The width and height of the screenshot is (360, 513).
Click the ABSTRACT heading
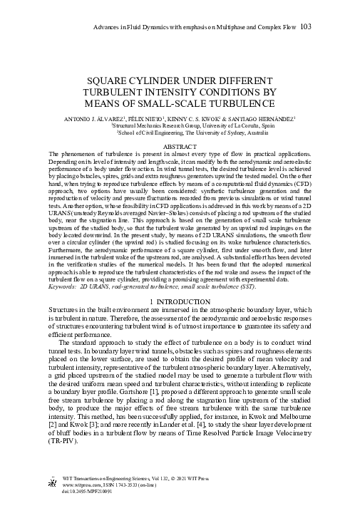coord(180,147)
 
